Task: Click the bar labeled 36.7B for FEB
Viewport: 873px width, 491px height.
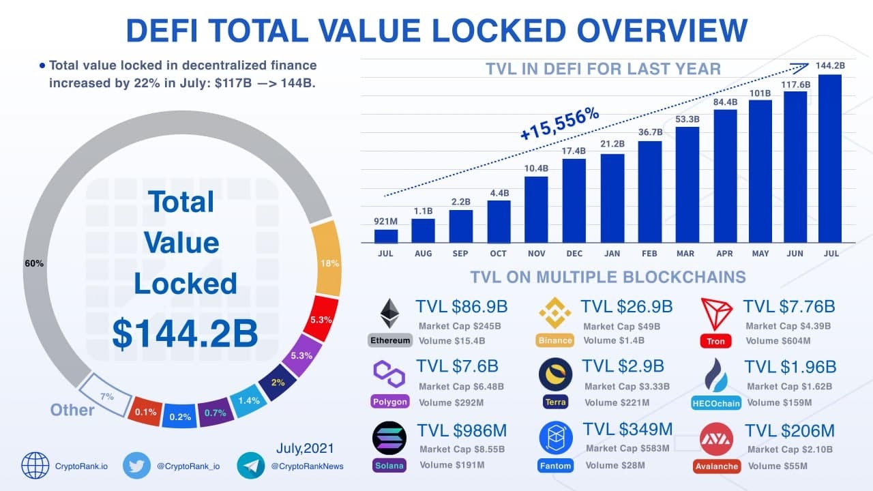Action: pyautogui.click(x=649, y=192)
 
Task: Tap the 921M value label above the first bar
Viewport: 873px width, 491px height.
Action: pyautogui.click(x=385, y=222)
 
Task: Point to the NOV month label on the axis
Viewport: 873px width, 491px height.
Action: pyautogui.click(x=536, y=254)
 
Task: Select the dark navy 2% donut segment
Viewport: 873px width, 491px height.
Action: pyautogui.click(x=277, y=382)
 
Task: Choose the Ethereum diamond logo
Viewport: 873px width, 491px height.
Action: pyautogui.click(x=390, y=314)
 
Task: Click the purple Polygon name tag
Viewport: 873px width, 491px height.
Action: pyautogui.click(x=390, y=401)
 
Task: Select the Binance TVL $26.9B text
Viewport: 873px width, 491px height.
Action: pyautogui.click(x=626, y=307)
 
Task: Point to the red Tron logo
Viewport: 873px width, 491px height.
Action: pyautogui.click(x=716, y=314)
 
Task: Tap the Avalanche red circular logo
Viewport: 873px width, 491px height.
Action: pyautogui.click(x=716, y=439)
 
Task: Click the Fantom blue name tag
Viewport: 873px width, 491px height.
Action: pyautogui.click(x=555, y=466)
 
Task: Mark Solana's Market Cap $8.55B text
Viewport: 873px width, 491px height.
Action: pyautogui.click(x=462, y=449)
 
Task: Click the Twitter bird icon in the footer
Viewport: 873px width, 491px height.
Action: pyautogui.click(x=136, y=466)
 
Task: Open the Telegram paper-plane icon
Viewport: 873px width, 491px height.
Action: pyautogui.click(x=251, y=466)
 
